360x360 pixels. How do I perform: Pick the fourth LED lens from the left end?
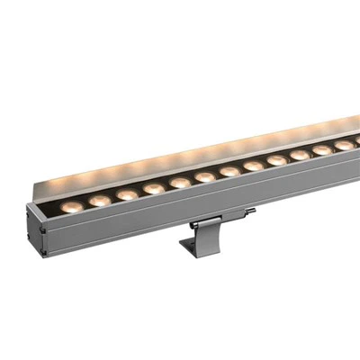click(154, 188)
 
